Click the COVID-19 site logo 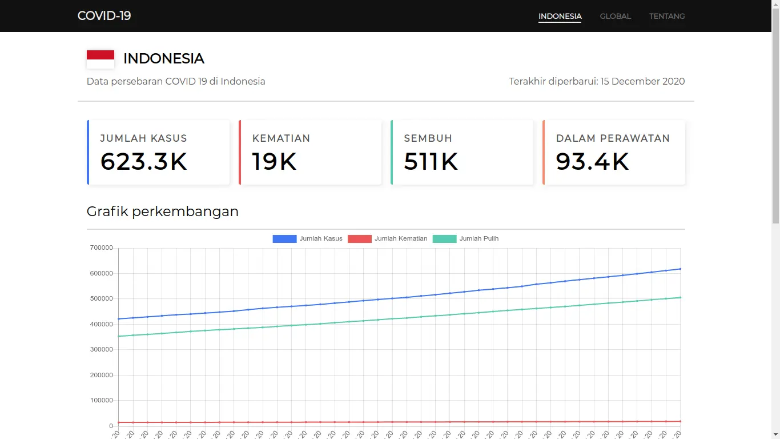pyautogui.click(x=104, y=16)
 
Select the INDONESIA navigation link pyautogui.click(x=560, y=16)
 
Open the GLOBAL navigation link pyautogui.click(x=615, y=16)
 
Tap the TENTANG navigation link pyautogui.click(x=666, y=16)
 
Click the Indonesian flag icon pyautogui.click(x=100, y=59)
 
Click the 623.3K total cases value pyautogui.click(x=144, y=162)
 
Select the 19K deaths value pyautogui.click(x=274, y=162)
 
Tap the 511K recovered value pyautogui.click(x=431, y=162)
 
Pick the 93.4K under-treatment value pyautogui.click(x=592, y=162)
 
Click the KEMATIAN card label pyautogui.click(x=281, y=138)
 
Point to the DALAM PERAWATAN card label pyautogui.click(x=613, y=138)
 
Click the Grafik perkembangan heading pyautogui.click(x=163, y=211)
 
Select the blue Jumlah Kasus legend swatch pyautogui.click(x=284, y=238)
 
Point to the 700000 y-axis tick pyautogui.click(x=102, y=248)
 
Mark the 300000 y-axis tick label pyautogui.click(x=102, y=349)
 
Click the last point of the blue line pyautogui.click(x=680, y=269)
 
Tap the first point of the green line pyautogui.click(x=119, y=336)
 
